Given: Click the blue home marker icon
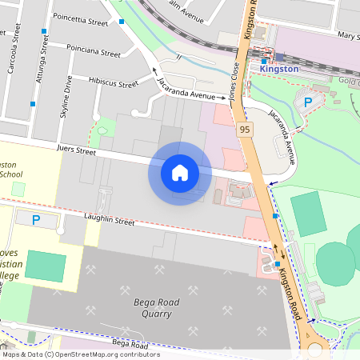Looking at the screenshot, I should (180, 173).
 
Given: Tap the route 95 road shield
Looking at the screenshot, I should (243, 129).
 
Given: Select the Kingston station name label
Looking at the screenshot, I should (279, 70).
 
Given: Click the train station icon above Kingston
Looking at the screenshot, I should (264, 60).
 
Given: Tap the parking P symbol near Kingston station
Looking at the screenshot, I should (307, 101).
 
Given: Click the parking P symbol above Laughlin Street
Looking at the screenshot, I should (35, 219).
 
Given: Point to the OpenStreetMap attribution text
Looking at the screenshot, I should (80, 354).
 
